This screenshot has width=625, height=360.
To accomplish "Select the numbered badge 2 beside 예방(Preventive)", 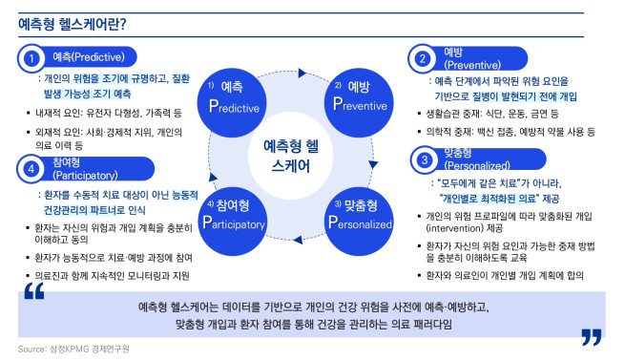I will pyautogui.click(x=422, y=59).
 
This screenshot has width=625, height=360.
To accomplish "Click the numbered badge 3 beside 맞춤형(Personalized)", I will pyautogui.click(x=422, y=159).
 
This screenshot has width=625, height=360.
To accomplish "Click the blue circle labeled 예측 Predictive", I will pyautogui.click(x=232, y=95).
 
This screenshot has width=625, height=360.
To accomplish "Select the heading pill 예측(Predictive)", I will pyautogui.click(x=91, y=59).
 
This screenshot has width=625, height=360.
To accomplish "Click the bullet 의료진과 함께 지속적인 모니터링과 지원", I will pyautogui.click(x=111, y=276).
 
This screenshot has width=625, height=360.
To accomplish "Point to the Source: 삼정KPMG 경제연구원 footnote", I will pyautogui.click(x=73, y=349).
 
